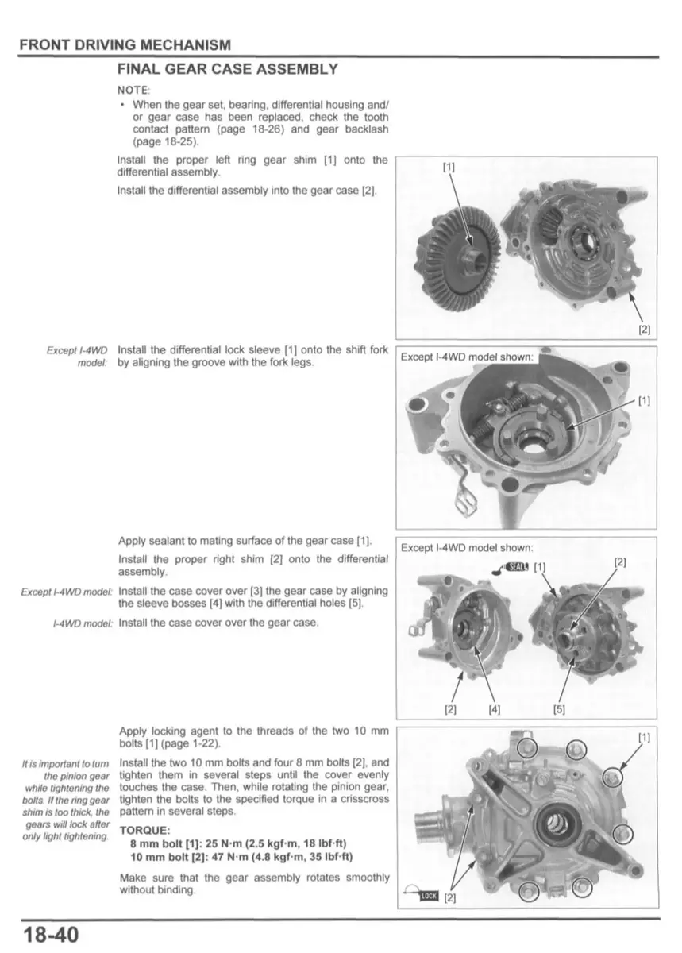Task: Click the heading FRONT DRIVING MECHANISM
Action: pos(125,45)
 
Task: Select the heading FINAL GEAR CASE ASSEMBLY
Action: pos(228,69)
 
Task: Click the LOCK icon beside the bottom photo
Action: pos(429,897)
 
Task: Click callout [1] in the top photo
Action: pos(449,167)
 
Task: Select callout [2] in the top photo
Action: pos(644,329)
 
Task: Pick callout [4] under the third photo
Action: pos(495,710)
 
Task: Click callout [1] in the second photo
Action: pos(644,401)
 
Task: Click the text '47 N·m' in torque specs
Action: pos(231,857)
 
